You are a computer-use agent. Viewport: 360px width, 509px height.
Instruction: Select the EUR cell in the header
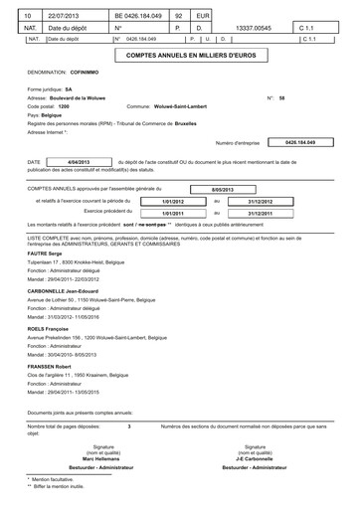(x=202, y=17)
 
